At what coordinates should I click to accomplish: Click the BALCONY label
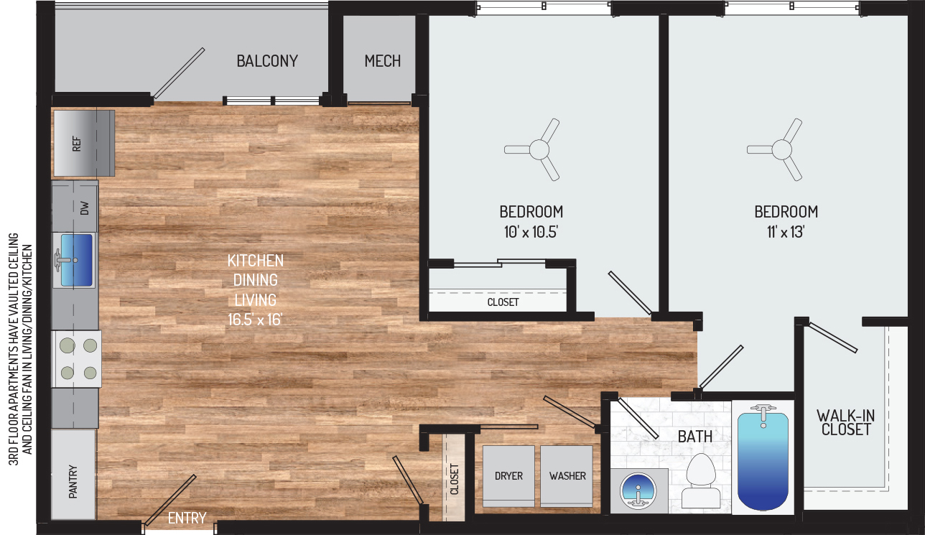(x=267, y=61)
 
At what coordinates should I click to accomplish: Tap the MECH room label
(x=382, y=61)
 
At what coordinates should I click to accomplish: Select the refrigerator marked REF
(x=84, y=143)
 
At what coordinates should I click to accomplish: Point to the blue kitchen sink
(x=76, y=260)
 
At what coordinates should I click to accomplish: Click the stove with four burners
(x=76, y=359)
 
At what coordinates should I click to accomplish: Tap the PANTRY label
(x=73, y=481)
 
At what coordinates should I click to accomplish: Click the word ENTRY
(x=187, y=518)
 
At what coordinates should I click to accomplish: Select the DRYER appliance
(x=508, y=476)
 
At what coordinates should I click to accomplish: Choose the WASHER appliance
(x=567, y=476)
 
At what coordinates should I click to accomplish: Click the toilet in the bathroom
(x=701, y=481)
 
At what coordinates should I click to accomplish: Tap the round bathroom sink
(x=638, y=491)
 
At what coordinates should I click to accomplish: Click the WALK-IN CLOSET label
(x=846, y=422)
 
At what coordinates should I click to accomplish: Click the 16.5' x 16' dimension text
(x=255, y=320)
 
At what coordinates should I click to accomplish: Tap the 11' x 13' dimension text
(x=786, y=232)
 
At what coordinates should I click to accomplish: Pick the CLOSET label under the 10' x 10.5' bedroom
(x=503, y=302)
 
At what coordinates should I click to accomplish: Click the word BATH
(x=695, y=437)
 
